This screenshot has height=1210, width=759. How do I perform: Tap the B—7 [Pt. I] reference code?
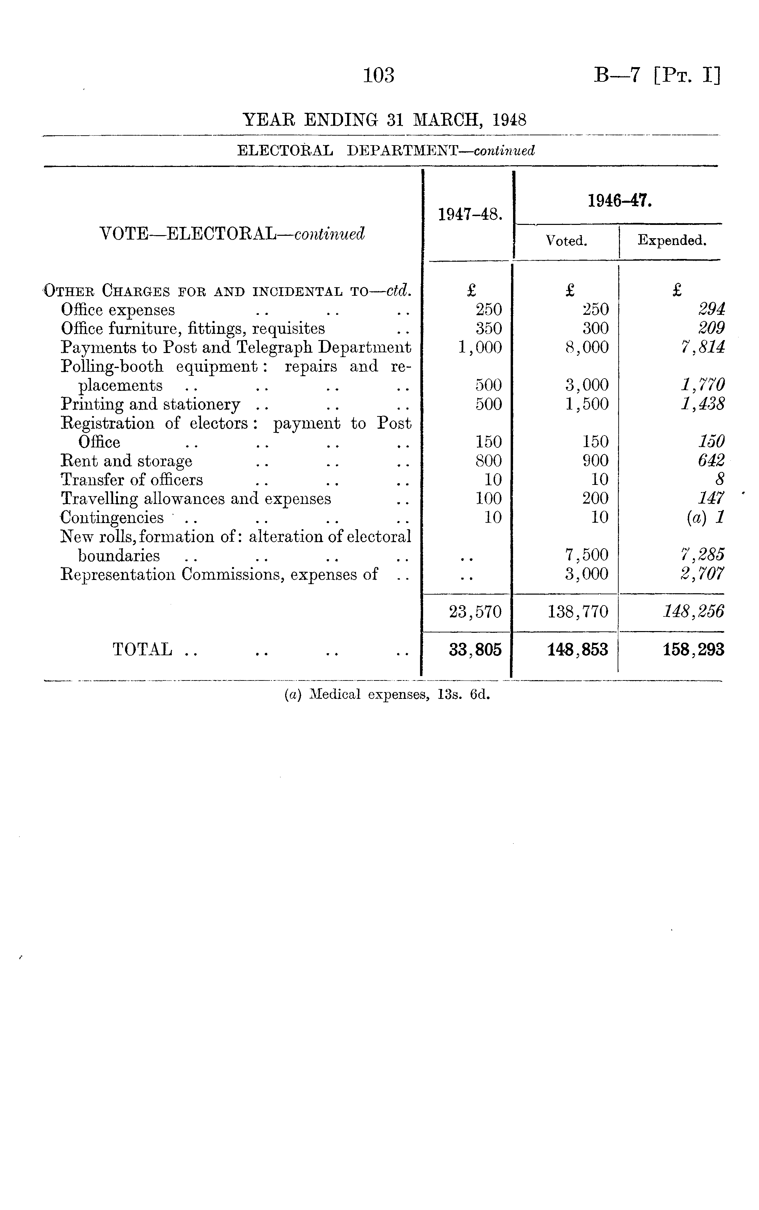pyautogui.click(x=656, y=75)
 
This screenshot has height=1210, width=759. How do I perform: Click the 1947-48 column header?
pyautogui.click(x=470, y=215)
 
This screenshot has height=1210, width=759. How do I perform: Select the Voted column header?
pyautogui.click(x=566, y=241)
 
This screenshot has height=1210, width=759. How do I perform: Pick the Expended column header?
pyautogui.click(x=672, y=241)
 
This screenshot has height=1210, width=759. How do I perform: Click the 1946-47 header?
pyautogui.click(x=619, y=201)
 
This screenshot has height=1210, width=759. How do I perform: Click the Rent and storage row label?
pyautogui.click(x=126, y=461)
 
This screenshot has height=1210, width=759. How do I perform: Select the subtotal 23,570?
pyautogui.click(x=475, y=612)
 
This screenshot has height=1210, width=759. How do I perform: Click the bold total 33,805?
pyautogui.click(x=475, y=650)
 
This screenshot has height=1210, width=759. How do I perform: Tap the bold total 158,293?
pyautogui.click(x=693, y=650)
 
